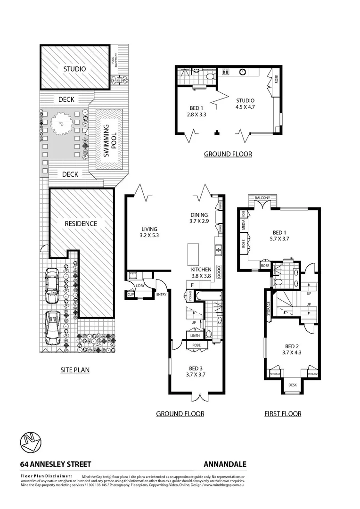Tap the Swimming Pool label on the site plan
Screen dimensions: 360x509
click(109, 140)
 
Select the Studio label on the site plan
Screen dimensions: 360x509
click(75, 69)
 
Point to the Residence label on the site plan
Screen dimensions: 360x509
click(81, 223)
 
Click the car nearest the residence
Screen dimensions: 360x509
click(51, 287)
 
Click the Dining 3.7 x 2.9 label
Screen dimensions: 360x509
click(198, 218)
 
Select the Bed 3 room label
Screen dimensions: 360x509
click(195, 372)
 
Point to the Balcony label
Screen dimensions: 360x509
click(262, 198)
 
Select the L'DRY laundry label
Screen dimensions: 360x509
click(139, 286)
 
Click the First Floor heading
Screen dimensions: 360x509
click(282, 414)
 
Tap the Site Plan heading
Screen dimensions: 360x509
click(75, 370)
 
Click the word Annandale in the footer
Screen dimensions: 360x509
click(225, 464)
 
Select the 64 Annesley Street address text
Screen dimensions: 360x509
click(56, 464)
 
